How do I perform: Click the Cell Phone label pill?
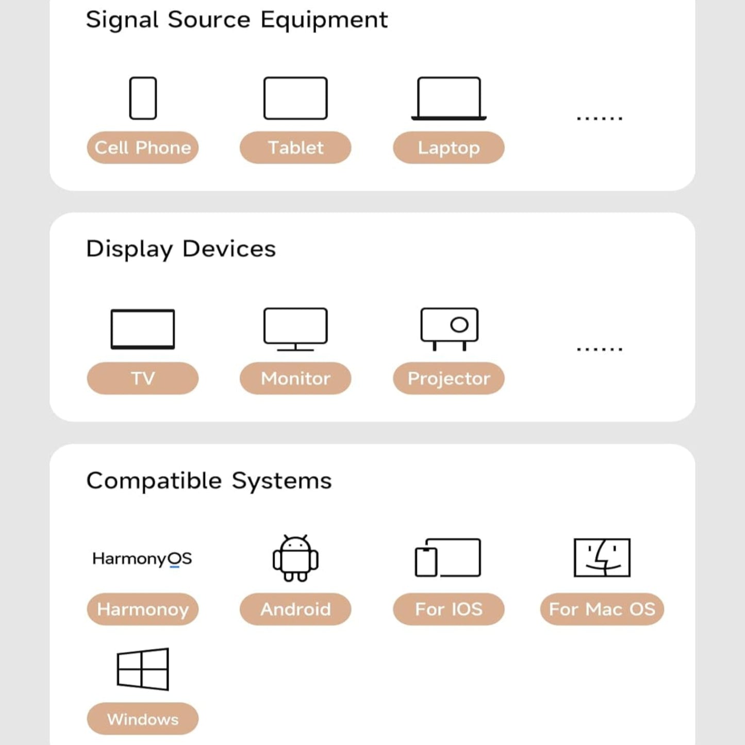coord(143,148)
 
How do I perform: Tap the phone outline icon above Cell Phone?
coord(143,98)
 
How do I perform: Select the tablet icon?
coord(295,98)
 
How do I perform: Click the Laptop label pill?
coord(449,148)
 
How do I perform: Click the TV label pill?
coord(143,378)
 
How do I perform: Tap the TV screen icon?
coord(143,329)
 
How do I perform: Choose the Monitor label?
coord(295,378)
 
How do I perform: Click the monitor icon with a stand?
coord(295,329)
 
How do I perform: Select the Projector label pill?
coord(449,378)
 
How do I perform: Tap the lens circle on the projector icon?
coord(459,325)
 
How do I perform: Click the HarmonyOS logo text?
coord(142,558)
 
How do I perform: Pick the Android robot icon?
coord(295,558)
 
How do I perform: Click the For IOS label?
coord(449,609)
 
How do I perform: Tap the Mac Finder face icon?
coord(602,558)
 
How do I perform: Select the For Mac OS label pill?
coord(602,609)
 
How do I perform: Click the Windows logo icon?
coord(143,669)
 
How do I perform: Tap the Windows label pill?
coord(143,719)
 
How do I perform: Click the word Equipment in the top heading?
coord(324,20)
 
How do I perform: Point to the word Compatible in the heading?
coord(154,481)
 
